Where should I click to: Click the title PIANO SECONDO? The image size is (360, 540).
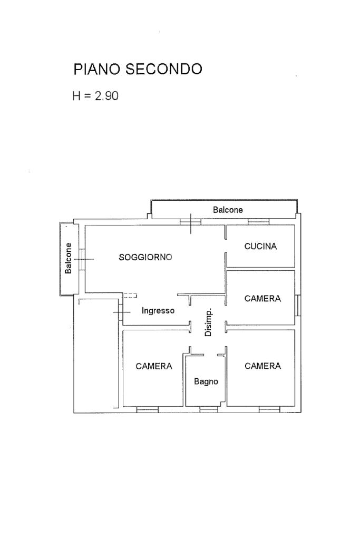pos(138,69)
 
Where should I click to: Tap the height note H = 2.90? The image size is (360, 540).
pos(95,96)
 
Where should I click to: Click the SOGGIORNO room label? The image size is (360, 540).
pos(145,258)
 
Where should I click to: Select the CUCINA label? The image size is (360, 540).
pos(260,246)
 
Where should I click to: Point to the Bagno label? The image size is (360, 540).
pos(206,382)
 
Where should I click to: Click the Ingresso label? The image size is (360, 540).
pos(158,311)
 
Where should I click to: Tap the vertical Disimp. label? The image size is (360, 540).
pos(208,322)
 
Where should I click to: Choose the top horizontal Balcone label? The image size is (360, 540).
pos(228,210)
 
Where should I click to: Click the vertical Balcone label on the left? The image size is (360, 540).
pos(69,258)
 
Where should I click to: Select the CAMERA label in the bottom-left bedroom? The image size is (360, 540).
pos(154,366)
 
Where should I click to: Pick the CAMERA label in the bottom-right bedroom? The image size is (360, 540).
pos(262,366)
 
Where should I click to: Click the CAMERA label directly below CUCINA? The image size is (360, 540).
pos(262,299)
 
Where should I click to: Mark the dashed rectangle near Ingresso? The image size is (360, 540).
pos(130,296)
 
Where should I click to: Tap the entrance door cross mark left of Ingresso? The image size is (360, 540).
pos(122,313)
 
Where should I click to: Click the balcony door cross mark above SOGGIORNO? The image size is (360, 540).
pos(190,222)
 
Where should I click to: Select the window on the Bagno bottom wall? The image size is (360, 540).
pos(209,409)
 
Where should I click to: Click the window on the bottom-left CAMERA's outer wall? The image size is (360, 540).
pos(147,409)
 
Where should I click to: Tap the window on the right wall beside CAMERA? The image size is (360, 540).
pos(297,305)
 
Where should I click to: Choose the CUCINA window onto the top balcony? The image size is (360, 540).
pos(258,222)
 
